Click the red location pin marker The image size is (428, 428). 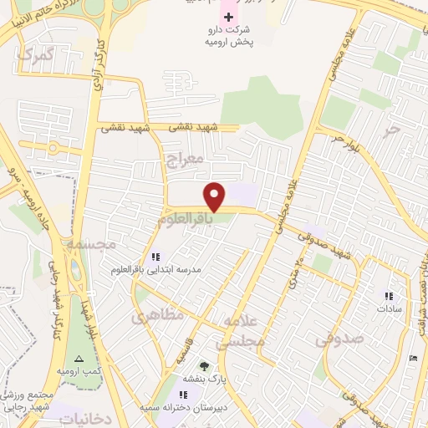pos(216,196)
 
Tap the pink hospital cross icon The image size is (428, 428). pos(228,16)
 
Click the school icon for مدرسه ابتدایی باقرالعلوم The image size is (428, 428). pos(154,256)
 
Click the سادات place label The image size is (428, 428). pos(390,308)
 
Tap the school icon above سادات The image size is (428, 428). pos(389,295)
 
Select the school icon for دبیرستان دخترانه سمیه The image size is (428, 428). pos(184,393)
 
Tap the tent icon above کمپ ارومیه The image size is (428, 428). pos(79,357)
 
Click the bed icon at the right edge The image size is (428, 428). pos(415,358)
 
